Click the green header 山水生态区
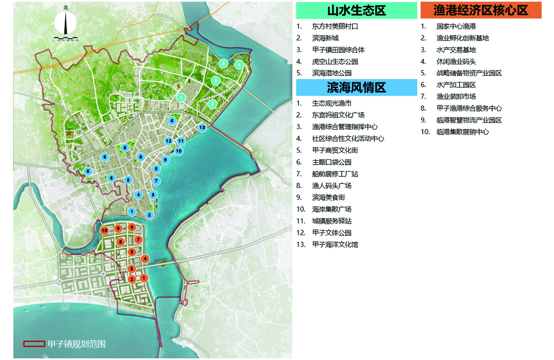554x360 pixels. pyautogui.click(x=356, y=11)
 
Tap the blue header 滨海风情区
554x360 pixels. pyautogui.click(x=356, y=88)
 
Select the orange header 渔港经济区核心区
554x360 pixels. pyautogui.click(x=480, y=11)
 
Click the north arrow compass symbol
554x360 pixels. pyautogui.click(x=66, y=23)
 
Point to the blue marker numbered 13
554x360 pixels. pyautogui.click(x=202, y=127)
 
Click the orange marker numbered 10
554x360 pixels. pyautogui.click(x=104, y=230)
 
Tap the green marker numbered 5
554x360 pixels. pyautogui.click(x=223, y=63)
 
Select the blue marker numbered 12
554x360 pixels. pyautogui.click(x=168, y=141)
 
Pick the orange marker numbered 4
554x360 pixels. pyautogui.click(x=145, y=259)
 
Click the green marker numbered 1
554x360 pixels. pyautogui.click(x=181, y=97)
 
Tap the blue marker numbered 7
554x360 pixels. pyautogui.click(x=156, y=181)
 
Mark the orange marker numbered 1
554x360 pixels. pyautogui.click(x=144, y=278)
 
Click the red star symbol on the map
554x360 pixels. pyautogui.click(x=69, y=134)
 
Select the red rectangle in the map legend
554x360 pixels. pyautogui.click(x=34, y=344)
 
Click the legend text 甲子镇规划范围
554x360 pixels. pyautogui.click(x=77, y=344)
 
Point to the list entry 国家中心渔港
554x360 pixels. pyautogui.click(x=456, y=26)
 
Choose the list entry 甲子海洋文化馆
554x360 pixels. pyautogui.click(x=335, y=245)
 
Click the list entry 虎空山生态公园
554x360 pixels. pyautogui.click(x=335, y=62)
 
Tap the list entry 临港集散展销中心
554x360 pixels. pyautogui.click(x=463, y=132)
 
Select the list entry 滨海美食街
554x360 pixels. pyautogui.click(x=329, y=197)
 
